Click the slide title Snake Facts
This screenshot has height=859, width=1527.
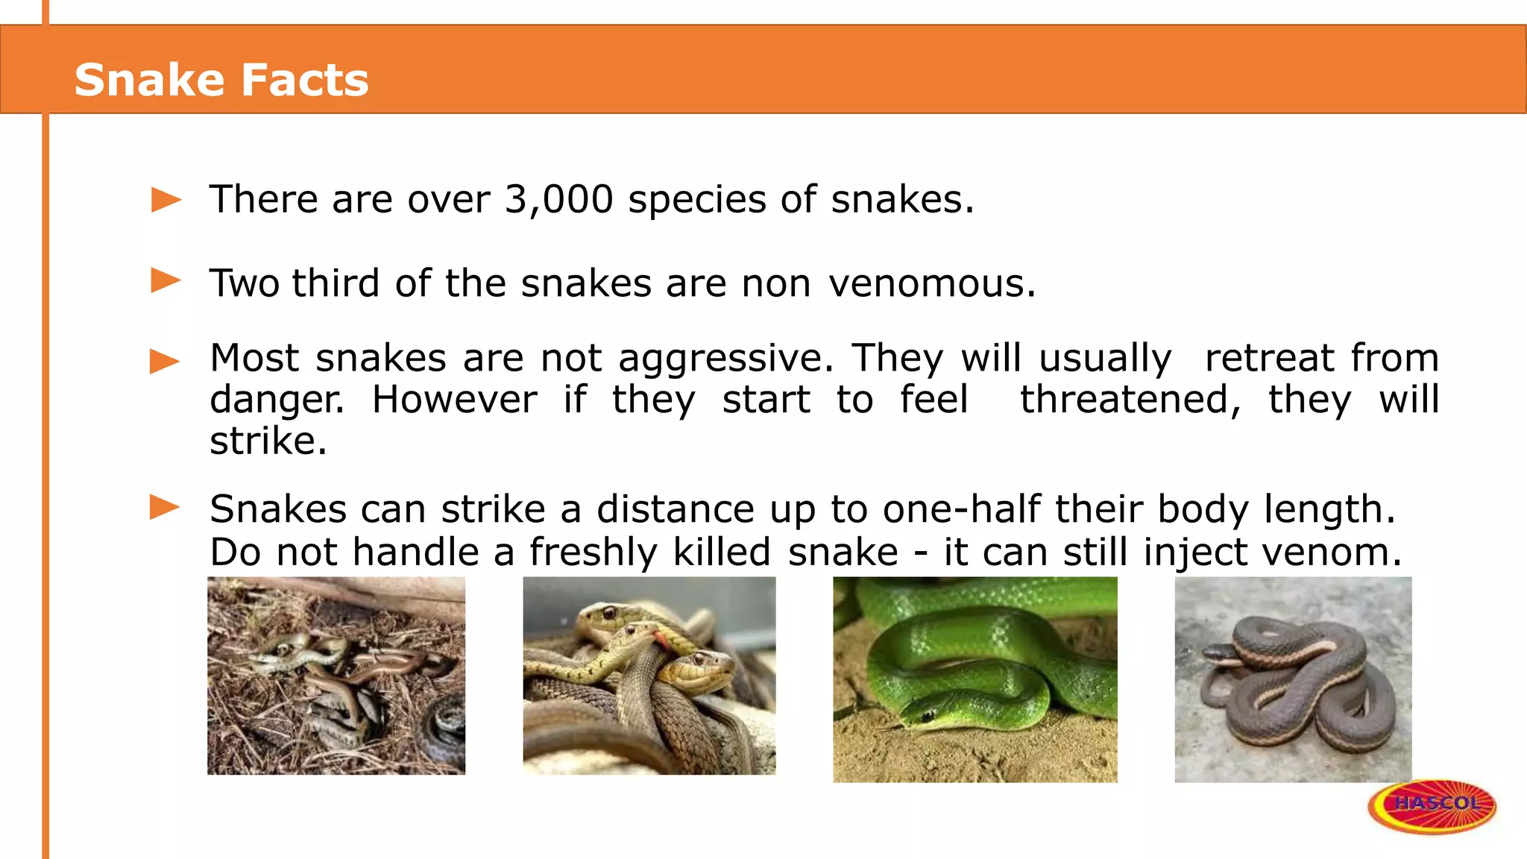click(221, 80)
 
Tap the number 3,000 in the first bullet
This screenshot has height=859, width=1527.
click(558, 199)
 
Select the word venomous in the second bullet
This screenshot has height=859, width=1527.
click(932, 283)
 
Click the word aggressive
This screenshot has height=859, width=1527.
click(725, 359)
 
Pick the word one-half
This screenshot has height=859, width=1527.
click(962, 509)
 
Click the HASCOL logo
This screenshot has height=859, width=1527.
click(1432, 805)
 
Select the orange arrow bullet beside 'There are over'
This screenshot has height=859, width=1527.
click(166, 200)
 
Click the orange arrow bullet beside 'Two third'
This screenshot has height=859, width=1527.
click(166, 281)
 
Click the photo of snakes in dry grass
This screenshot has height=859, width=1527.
click(336, 676)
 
